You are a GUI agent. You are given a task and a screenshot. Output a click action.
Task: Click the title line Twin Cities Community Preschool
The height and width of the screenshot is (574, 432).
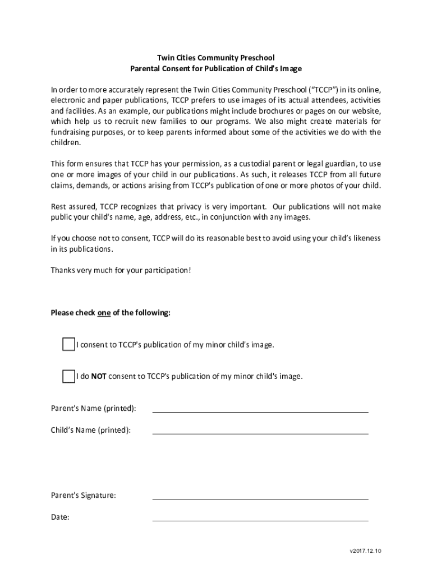pyautogui.click(x=215, y=58)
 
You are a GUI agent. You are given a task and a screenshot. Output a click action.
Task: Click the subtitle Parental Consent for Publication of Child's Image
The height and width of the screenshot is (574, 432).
pyautogui.click(x=215, y=68)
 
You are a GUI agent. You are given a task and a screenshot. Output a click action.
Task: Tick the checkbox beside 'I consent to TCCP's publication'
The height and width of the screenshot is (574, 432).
pyautogui.click(x=68, y=344)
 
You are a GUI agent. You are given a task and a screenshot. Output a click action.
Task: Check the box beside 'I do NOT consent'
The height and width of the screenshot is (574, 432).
pyautogui.click(x=68, y=376)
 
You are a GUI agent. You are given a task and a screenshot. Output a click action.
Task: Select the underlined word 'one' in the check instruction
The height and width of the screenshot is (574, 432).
pyautogui.click(x=104, y=313)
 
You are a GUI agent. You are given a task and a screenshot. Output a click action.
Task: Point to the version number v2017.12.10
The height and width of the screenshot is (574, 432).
pyautogui.click(x=365, y=551)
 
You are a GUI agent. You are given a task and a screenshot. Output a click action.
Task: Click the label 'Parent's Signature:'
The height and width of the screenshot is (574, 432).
pyautogui.click(x=84, y=496)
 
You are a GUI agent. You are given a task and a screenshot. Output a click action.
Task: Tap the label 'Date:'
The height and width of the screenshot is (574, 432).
pyautogui.click(x=60, y=517)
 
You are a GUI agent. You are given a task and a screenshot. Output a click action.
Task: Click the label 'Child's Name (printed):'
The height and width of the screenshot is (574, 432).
pyautogui.click(x=91, y=430)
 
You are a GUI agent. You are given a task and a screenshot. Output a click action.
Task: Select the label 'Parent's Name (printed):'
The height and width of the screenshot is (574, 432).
pyautogui.click(x=93, y=408)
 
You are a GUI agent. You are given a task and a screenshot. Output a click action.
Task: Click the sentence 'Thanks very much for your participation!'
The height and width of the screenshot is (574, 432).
pyautogui.click(x=121, y=270)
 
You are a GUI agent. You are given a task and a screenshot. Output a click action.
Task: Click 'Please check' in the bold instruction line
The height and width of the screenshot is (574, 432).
pyautogui.click(x=73, y=313)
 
